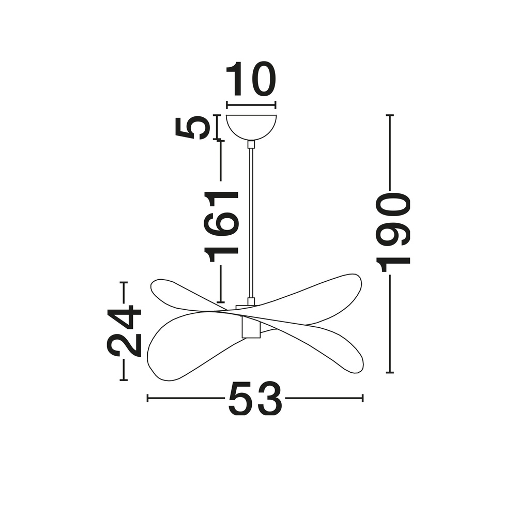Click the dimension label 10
click(x=251, y=79)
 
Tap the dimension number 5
click(x=193, y=128)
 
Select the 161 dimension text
click(x=221, y=226)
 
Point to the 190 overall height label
click(x=393, y=233)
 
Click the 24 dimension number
click(x=124, y=331)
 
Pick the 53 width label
click(x=255, y=398)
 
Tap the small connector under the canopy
click(x=251, y=144)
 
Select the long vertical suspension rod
click(x=251, y=223)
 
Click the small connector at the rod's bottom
click(x=251, y=301)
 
